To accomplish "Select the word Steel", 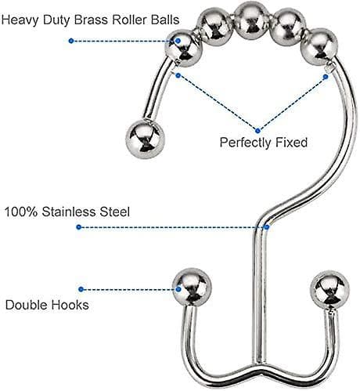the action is point(115,212).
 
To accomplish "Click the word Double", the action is point(26,305).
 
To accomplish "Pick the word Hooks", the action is point(70,305).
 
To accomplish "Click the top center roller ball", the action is point(251,21).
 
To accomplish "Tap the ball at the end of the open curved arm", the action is point(145,139).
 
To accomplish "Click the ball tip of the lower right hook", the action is point(329,290).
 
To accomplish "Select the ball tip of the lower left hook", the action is point(192,288).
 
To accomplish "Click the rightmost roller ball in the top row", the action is point(319,47).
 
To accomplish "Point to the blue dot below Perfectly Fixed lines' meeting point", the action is point(257,131).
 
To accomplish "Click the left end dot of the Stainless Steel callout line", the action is point(79,227).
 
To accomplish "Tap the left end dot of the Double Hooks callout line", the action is point(81,289).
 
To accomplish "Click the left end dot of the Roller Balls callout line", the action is point(71,41).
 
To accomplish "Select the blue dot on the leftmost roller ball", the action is point(178,41).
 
